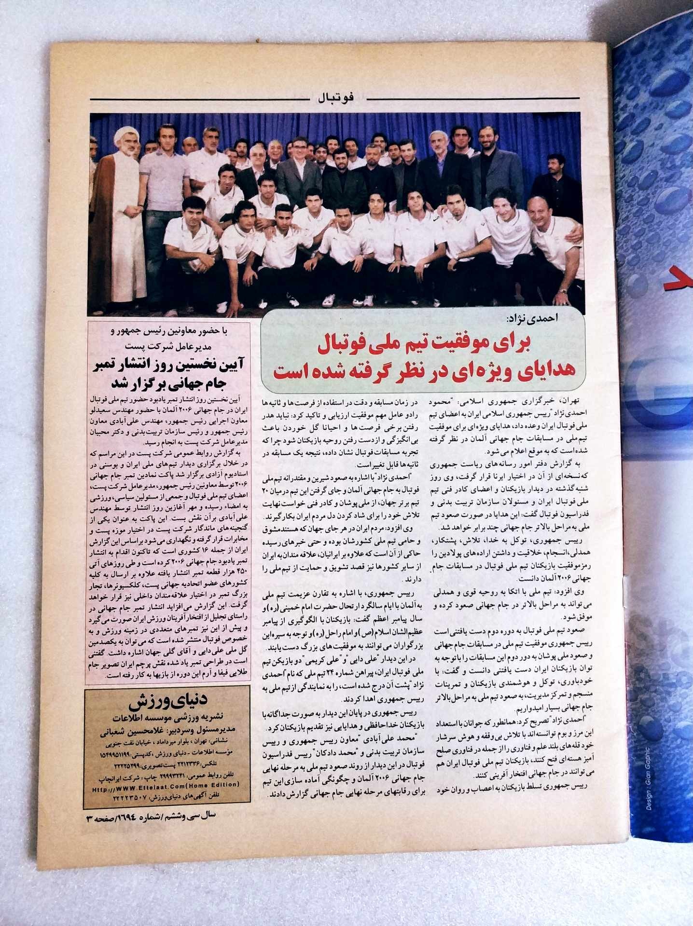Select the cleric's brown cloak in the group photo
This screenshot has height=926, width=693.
tap(116, 231)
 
